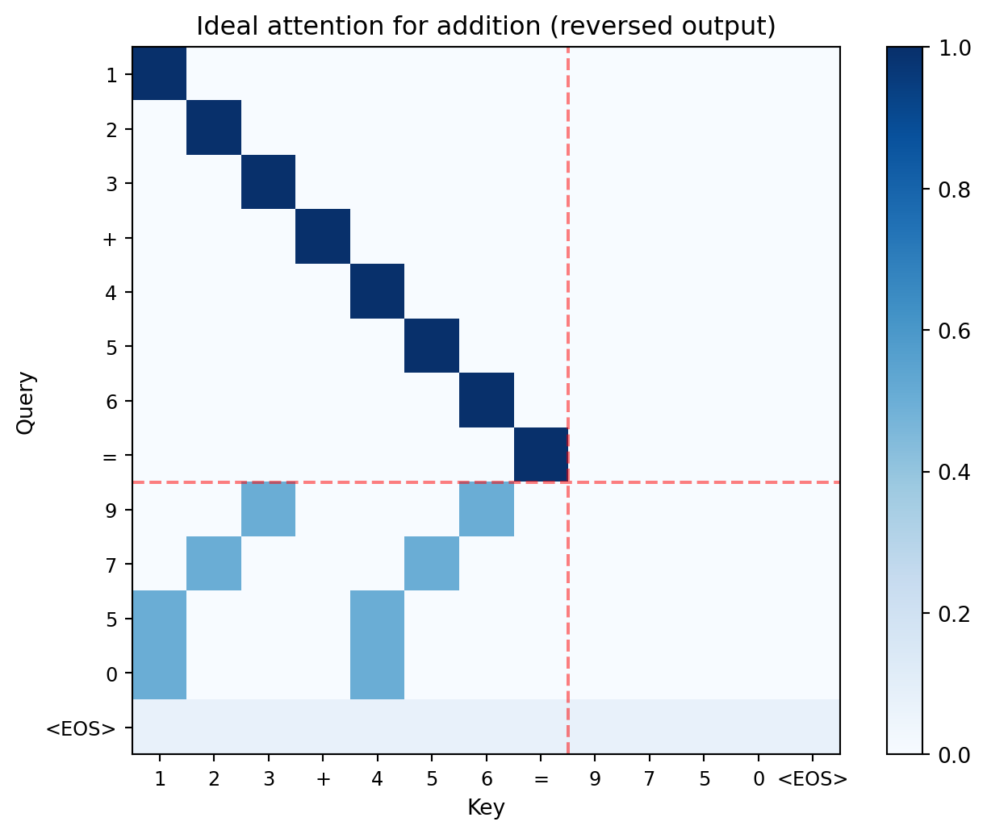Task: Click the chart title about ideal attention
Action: pyautogui.click(x=486, y=27)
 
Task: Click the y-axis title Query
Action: pyautogui.click(x=26, y=402)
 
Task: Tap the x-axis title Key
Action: pyautogui.click(x=486, y=807)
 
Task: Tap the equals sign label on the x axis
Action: pyautogui.click(x=541, y=780)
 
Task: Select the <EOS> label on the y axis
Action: pyautogui.click(x=81, y=729)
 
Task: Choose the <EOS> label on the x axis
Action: pyautogui.click(x=813, y=780)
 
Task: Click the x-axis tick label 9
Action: pyautogui.click(x=596, y=780)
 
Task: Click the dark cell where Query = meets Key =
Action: pyautogui.click(x=541, y=455)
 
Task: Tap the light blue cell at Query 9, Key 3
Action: pyautogui.click(x=269, y=509)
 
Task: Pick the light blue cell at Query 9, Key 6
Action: pyautogui.click(x=487, y=509)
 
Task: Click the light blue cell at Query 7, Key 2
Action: pyautogui.click(x=214, y=564)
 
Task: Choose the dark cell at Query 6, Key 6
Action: pyautogui.click(x=487, y=400)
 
